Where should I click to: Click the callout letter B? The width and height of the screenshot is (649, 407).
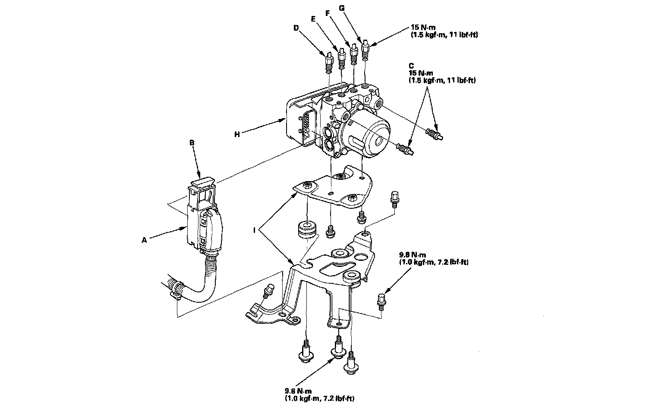(x=193, y=141)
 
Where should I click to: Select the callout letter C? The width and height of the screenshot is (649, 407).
(x=411, y=67)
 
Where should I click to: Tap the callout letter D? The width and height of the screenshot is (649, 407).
(x=296, y=28)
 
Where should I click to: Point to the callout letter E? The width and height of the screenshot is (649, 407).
(x=313, y=19)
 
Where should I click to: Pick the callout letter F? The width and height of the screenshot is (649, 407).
(x=328, y=13)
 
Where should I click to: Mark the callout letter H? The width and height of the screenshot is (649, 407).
(x=237, y=134)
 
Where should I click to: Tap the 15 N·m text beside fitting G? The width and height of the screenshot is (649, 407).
(x=423, y=27)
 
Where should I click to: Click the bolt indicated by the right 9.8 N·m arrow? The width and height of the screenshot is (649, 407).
(x=381, y=300)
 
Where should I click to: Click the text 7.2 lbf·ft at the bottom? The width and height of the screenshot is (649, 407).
(x=337, y=399)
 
